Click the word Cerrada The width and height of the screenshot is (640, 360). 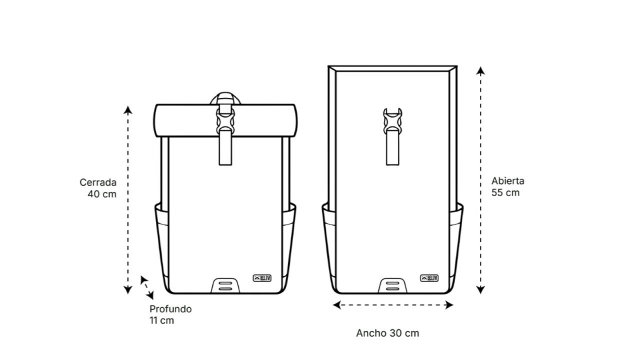pos(98,182)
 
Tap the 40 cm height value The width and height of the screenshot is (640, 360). pos(102,194)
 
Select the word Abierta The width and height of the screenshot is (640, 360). pos(507,181)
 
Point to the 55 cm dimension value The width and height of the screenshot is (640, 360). pos(505,192)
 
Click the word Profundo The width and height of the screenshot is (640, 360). pos(170,309)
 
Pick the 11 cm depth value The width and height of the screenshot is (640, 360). pos(161,320)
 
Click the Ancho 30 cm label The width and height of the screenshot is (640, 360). pos(387,333)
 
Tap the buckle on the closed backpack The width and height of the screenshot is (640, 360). pos(225,121)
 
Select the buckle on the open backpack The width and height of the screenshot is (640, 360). pos(392,121)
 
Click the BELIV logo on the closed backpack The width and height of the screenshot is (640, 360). pos(262,278)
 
